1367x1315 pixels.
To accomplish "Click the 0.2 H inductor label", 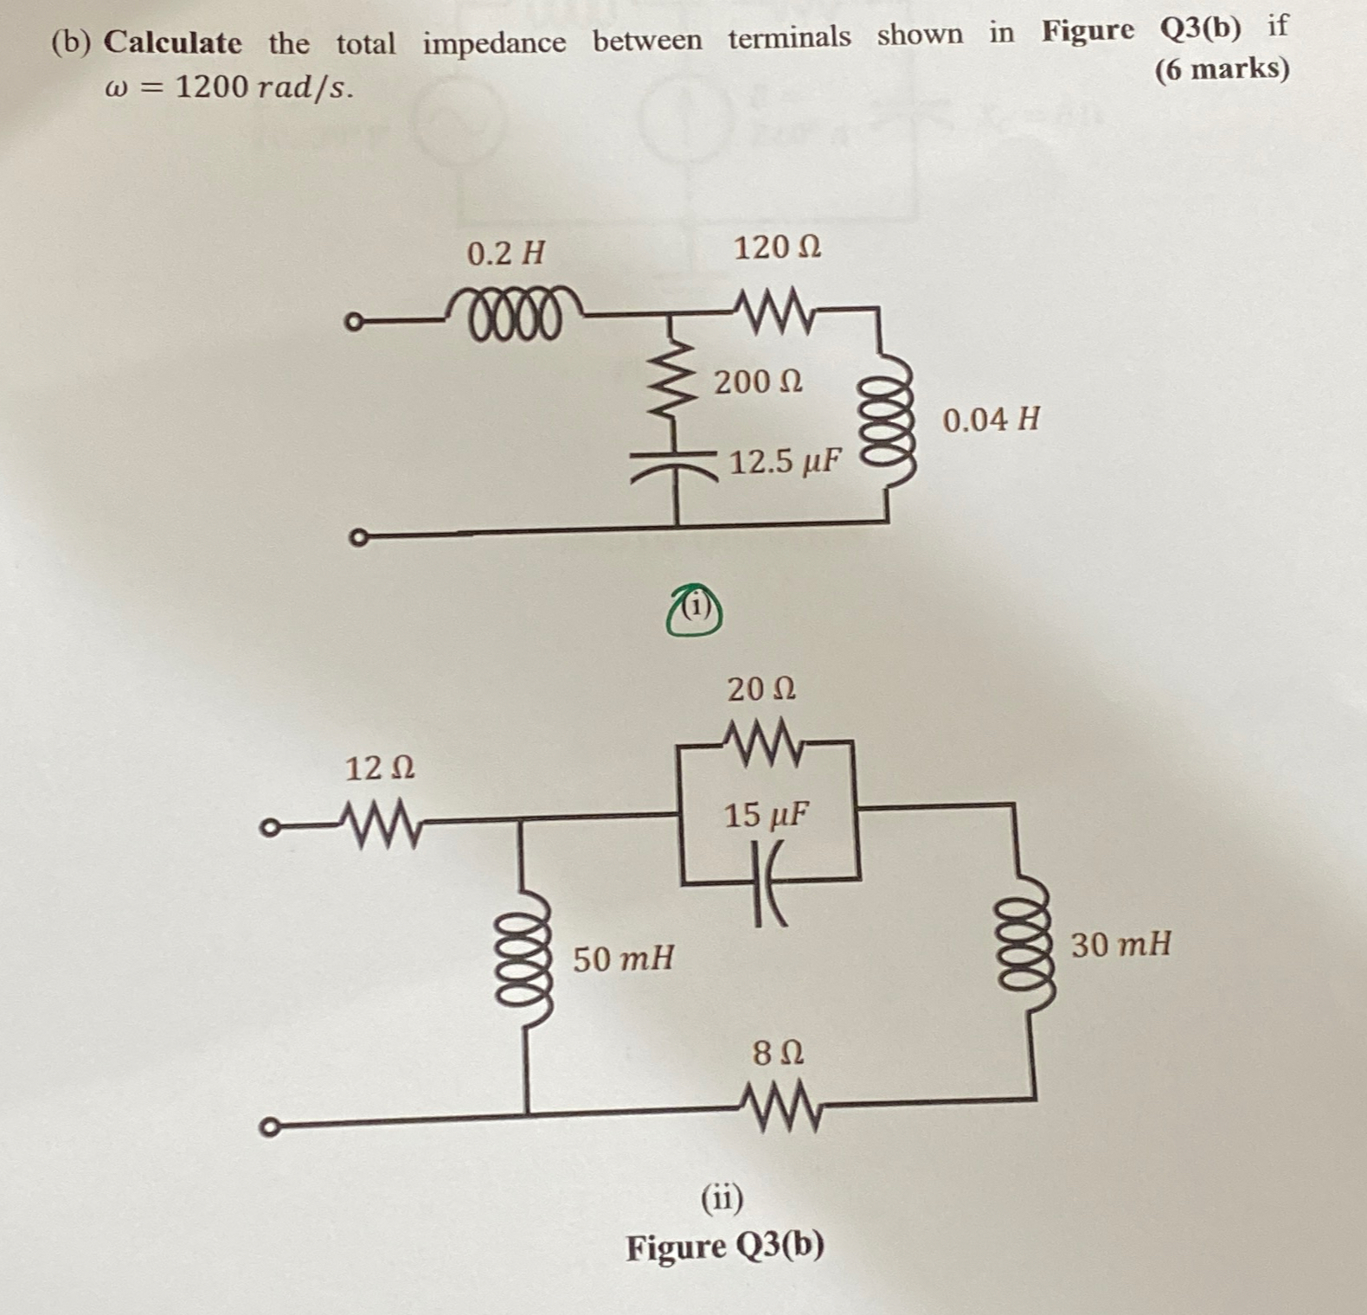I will (x=506, y=254).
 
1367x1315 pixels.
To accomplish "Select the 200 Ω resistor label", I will (x=758, y=382).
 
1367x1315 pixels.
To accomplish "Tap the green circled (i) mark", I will (x=695, y=611).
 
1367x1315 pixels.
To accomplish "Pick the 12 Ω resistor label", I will (x=380, y=768).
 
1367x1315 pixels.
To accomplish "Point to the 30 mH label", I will (x=1121, y=944).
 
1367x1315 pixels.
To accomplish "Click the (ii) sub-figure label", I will (x=722, y=1198).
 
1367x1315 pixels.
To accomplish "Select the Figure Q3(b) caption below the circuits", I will (x=725, y=1248).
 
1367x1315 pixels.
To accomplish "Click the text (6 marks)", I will (x=1222, y=68).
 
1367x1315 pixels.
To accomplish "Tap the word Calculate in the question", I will (x=173, y=42).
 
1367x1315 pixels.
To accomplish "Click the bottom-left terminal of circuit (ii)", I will (x=269, y=1127).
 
